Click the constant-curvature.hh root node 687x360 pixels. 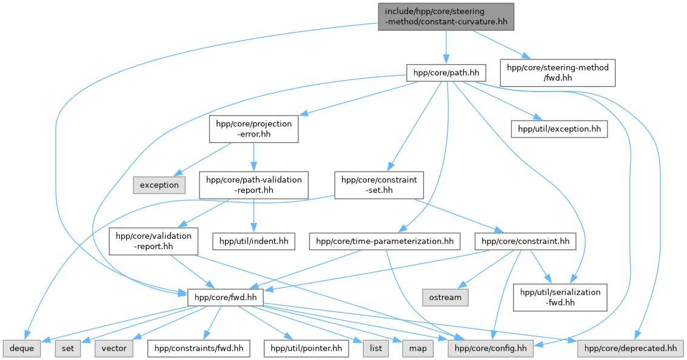point(446,16)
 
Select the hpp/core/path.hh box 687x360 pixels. point(446,73)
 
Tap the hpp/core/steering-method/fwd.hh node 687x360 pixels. point(557,73)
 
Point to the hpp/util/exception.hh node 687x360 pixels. point(558,128)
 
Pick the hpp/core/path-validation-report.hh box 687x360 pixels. point(253,185)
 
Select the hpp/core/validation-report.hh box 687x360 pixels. point(153,241)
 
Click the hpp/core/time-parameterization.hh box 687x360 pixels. point(384,241)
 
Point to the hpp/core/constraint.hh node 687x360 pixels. point(525,241)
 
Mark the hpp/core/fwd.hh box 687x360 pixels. point(223,298)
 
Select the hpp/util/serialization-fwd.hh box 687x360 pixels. point(560,298)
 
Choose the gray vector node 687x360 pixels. point(114,348)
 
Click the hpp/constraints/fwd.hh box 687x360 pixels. point(199,348)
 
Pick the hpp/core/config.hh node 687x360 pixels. point(490,348)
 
